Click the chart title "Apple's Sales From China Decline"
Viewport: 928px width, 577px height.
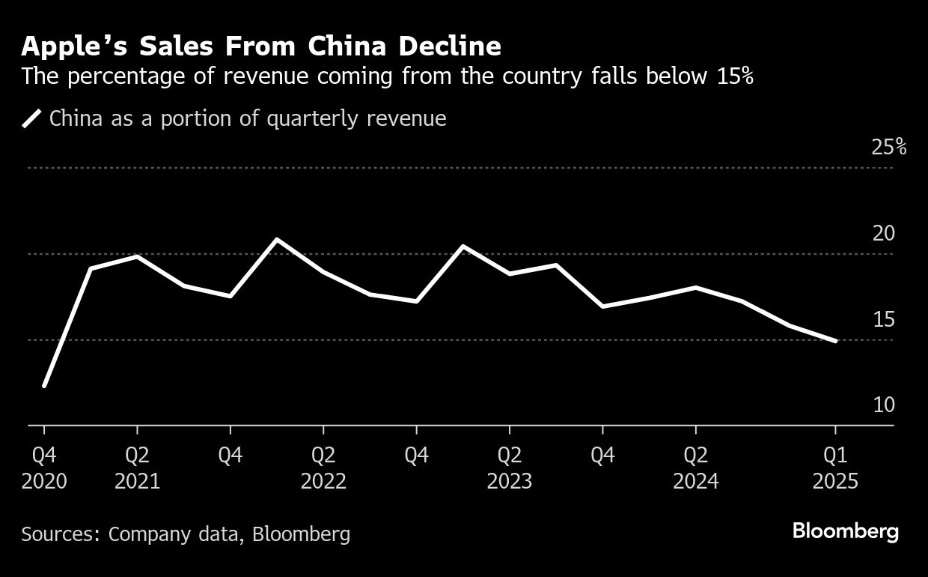click(x=261, y=46)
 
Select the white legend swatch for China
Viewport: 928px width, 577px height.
click(x=32, y=118)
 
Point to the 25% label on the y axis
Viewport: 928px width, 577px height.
click(x=888, y=147)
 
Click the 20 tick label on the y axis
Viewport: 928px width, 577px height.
click(x=884, y=233)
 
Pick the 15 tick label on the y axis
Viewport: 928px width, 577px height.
click(x=884, y=319)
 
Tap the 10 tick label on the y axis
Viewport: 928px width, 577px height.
click(x=884, y=405)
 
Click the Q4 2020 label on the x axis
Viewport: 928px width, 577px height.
click(x=44, y=468)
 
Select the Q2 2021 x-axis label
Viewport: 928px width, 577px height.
click(x=137, y=468)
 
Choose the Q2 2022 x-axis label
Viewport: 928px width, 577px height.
click(x=323, y=468)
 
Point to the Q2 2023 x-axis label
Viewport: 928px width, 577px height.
click(x=510, y=468)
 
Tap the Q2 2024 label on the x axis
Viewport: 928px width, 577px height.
click(x=696, y=468)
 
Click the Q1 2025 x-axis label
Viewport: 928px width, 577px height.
click(x=835, y=468)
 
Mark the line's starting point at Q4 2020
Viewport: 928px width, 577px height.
click(x=44, y=386)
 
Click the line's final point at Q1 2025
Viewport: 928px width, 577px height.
click(x=835, y=341)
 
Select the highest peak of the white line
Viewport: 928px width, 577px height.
click(x=277, y=239)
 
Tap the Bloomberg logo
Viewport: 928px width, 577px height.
click(x=846, y=532)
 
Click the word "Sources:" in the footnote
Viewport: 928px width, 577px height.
click(x=61, y=534)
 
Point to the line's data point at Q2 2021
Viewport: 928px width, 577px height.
click(x=137, y=256)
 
